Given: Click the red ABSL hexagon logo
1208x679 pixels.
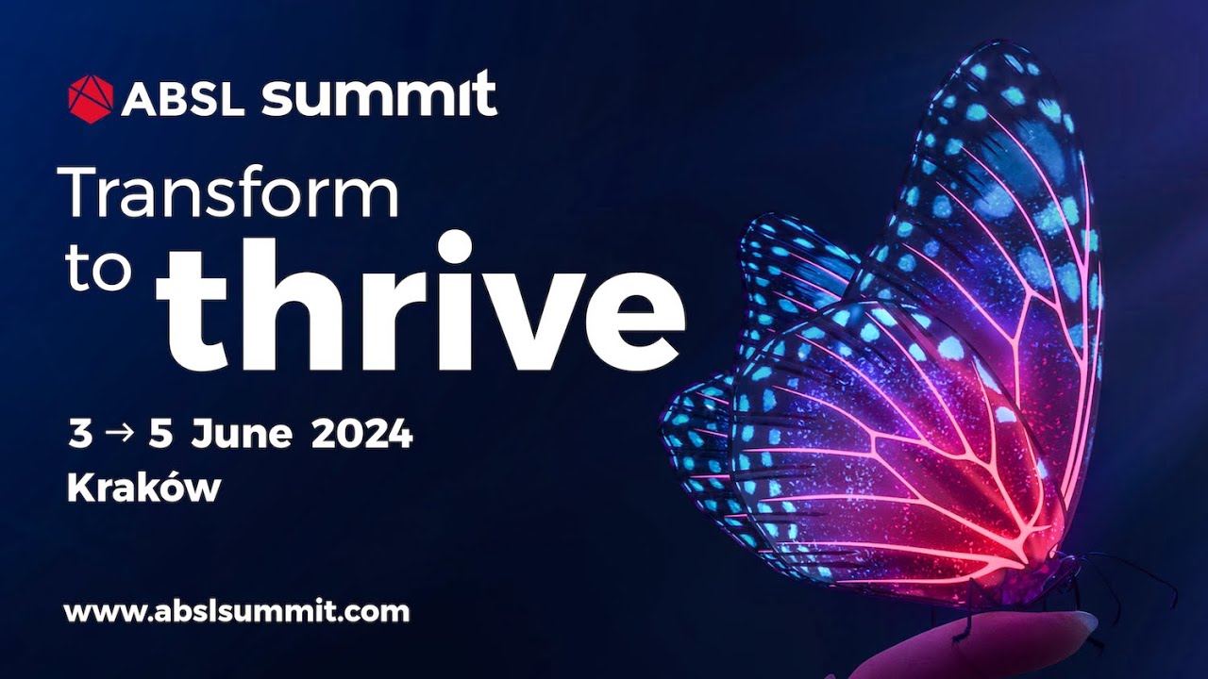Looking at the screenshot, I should click(91, 99).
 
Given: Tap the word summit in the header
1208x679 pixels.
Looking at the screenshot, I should click(378, 95).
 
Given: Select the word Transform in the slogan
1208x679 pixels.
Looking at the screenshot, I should click(232, 194).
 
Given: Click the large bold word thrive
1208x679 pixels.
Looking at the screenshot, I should click(421, 306).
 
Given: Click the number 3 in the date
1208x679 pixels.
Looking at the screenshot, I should click(79, 435).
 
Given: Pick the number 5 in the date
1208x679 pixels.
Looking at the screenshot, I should click(160, 435).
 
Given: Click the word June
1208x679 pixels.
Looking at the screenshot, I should click(242, 435).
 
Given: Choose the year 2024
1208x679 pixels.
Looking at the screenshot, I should click(361, 435).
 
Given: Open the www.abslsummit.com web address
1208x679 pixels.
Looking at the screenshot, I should click(236, 611).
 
